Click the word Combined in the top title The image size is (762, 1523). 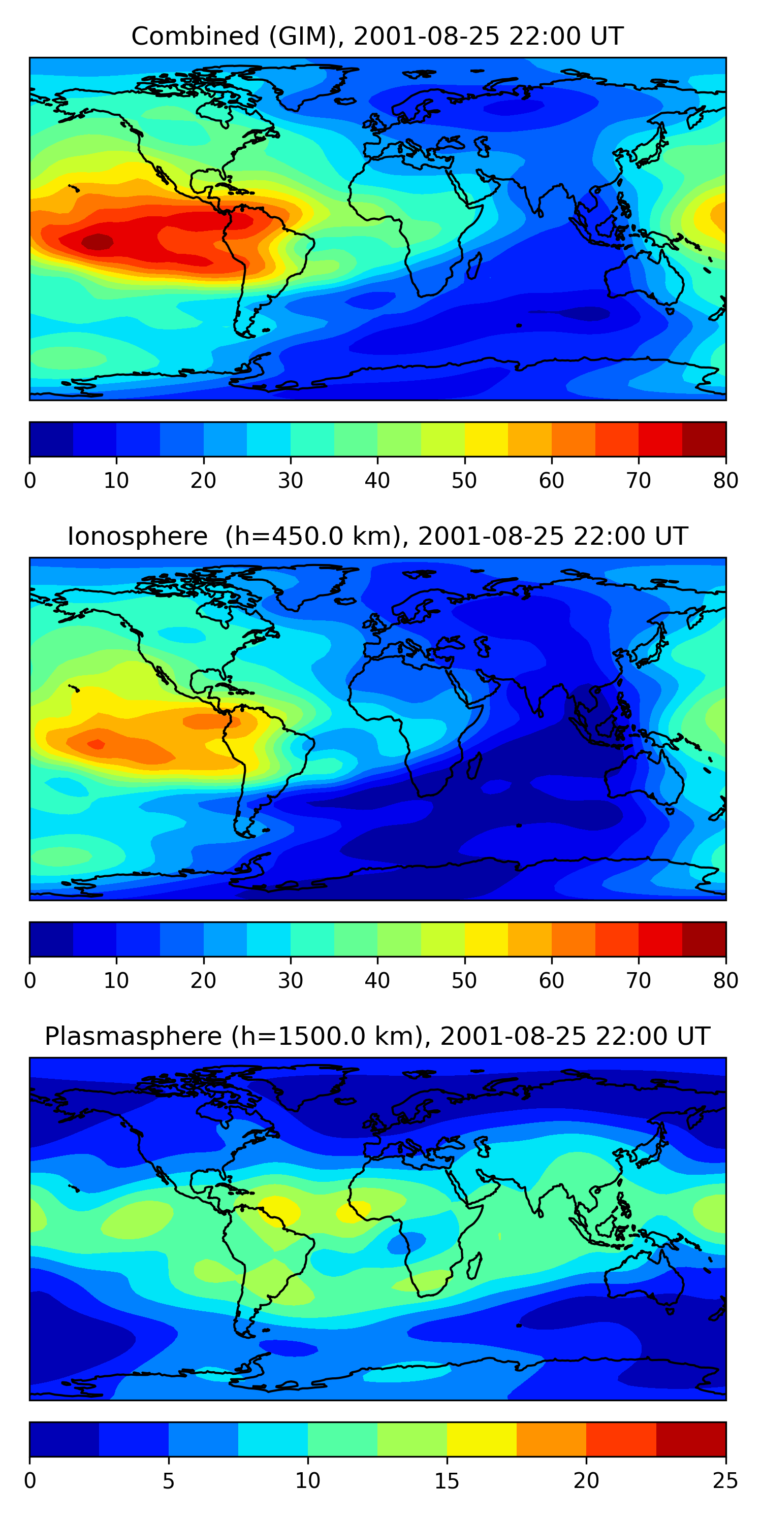pos(195,36)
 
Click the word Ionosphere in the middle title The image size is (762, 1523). pos(137,536)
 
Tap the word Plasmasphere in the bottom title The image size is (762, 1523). pos(133,1037)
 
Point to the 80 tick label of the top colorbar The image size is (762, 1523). pos(725,481)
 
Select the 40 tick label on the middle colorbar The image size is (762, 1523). pos(377,981)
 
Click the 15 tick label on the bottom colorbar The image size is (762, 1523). pos(447,1481)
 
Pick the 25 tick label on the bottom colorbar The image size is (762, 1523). pos(725,1481)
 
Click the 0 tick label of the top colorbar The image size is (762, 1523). pos(30,481)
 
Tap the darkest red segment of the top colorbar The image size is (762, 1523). pos(704,439)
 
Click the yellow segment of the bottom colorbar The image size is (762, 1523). pos(482,1440)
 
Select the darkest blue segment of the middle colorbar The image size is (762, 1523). pos(51,940)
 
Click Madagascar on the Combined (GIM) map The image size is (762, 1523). pos(474,266)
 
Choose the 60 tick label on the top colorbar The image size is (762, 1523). pos(551,481)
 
